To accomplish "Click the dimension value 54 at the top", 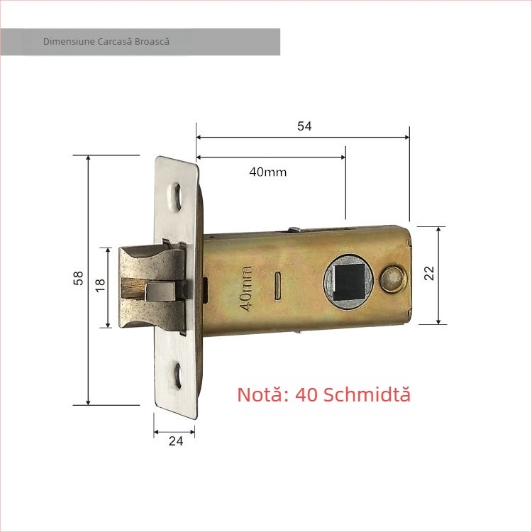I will tap(304, 126).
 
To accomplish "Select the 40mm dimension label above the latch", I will tap(267, 172).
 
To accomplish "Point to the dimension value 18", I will tap(100, 285).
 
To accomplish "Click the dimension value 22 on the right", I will tap(428, 273).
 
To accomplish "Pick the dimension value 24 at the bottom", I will tap(176, 441).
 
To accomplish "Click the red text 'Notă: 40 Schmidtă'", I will tap(323, 394).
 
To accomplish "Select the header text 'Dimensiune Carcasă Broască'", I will tap(106, 42).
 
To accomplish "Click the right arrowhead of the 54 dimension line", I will tap(406, 137).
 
